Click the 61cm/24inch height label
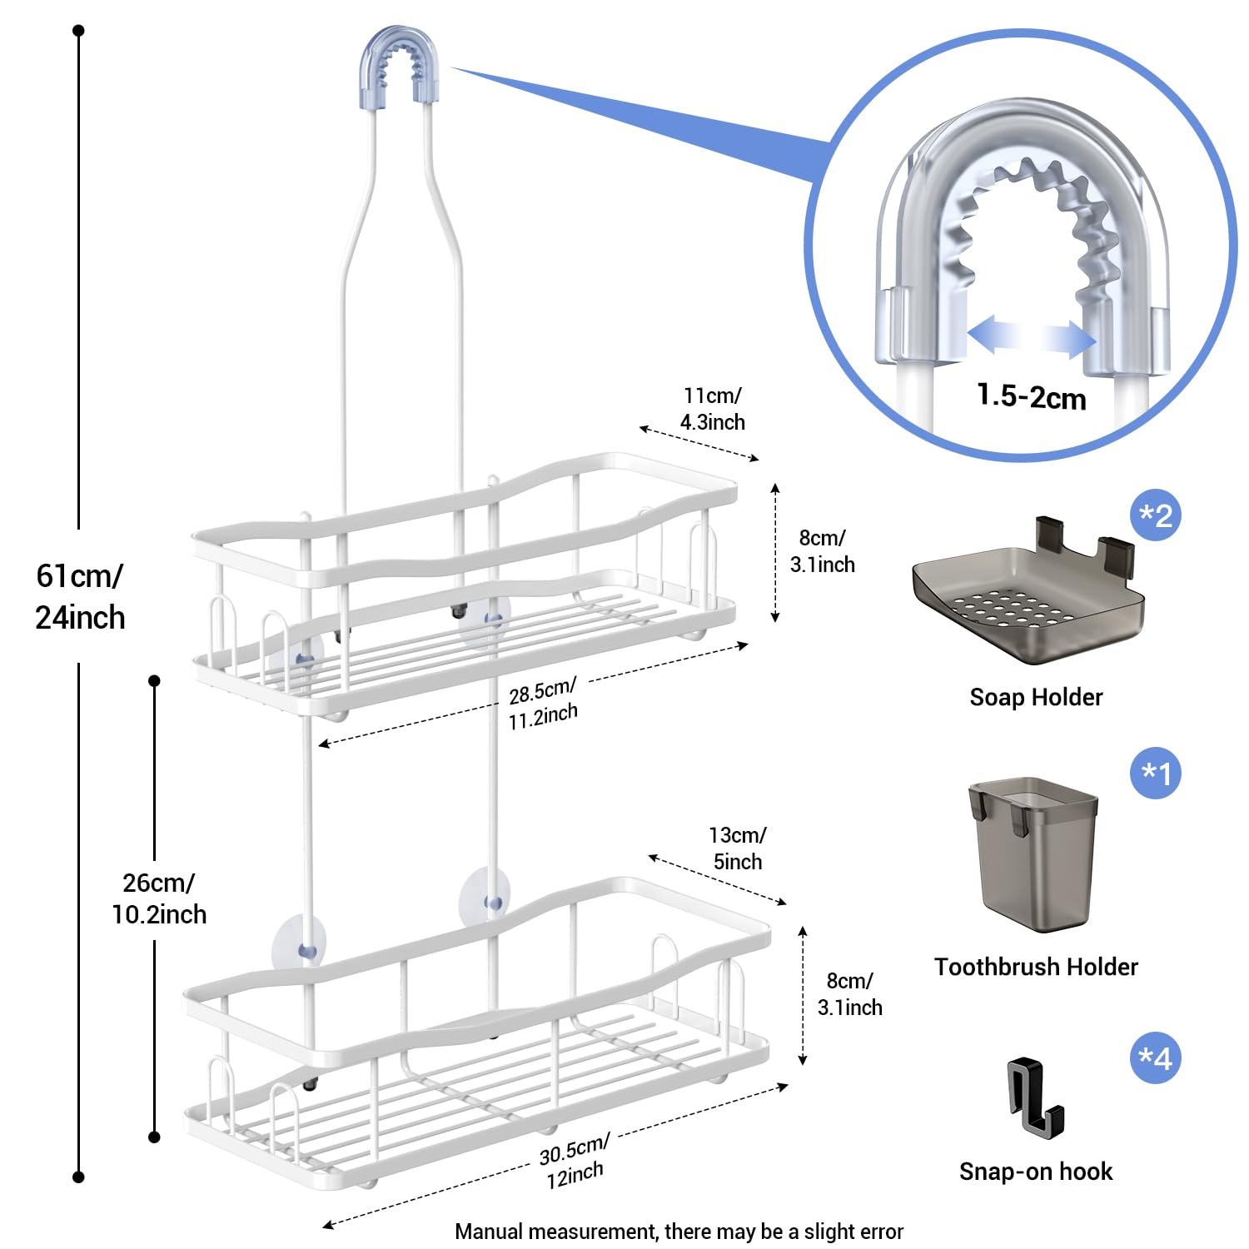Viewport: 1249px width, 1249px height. pos(80,596)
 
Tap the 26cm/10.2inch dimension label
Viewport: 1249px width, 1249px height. pos(159,898)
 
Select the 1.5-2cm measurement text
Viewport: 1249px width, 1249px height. pos(1031,396)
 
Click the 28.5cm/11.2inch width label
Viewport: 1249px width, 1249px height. pos(543,704)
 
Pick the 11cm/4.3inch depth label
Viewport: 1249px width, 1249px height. pos(712,409)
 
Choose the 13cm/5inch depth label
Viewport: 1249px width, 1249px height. pos(737,848)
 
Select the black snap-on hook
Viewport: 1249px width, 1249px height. pos(1033,1095)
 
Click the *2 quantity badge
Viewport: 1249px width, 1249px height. pos(1156,515)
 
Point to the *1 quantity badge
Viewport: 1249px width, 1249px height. pos(1156,773)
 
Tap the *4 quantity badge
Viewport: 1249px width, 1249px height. pos(1156,1058)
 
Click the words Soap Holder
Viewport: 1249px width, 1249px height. pos(1036,697)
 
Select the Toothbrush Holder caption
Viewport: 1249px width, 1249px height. pos(1036,967)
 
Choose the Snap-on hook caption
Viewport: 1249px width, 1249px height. pos(1036,1172)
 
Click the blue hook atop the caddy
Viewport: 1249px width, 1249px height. pos(399,62)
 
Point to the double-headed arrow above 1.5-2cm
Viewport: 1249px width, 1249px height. pos(1031,337)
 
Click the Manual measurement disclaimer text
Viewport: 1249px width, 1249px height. pos(679,1232)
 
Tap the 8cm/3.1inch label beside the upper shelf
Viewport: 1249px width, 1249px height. pos(822,551)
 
